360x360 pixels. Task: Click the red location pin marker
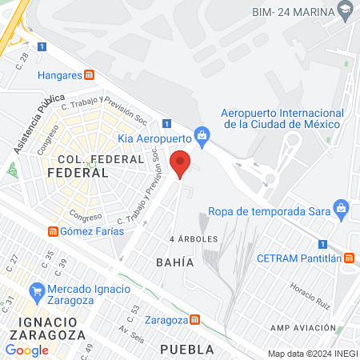point(181,164)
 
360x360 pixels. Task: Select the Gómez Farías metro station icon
point(52,231)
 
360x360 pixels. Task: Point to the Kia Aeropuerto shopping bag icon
point(203,137)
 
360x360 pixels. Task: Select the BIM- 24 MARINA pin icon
point(346,12)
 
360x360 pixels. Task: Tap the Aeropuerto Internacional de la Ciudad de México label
point(282,118)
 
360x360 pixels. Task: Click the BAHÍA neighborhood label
point(175,262)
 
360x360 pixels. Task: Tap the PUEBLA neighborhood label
point(187,349)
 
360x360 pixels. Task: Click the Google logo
point(26,350)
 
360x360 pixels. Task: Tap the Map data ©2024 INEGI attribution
point(312,354)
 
